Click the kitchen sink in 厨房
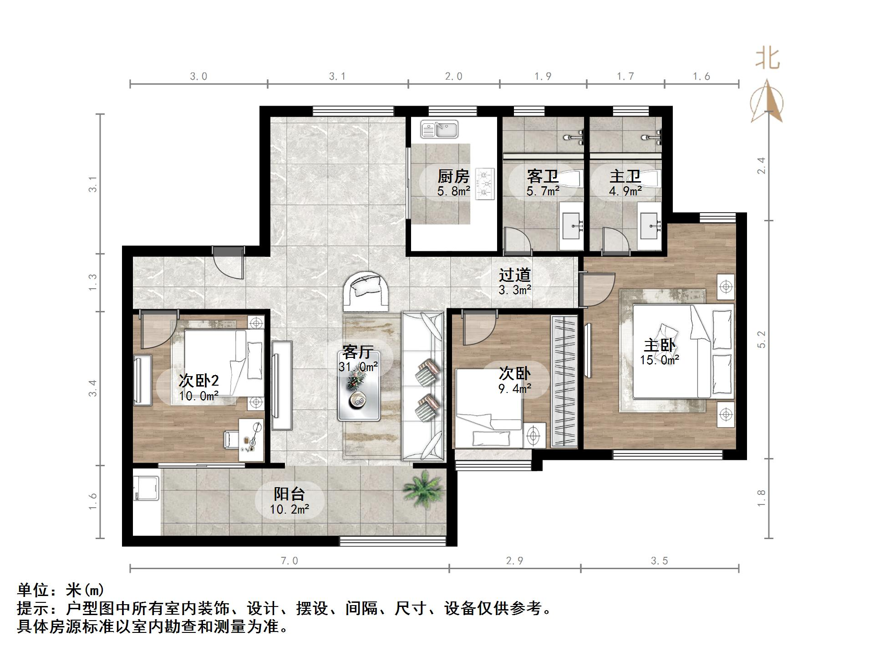click(439, 129)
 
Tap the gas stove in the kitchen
click(485, 184)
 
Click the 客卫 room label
click(543, 177)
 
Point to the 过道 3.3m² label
click(515, 282)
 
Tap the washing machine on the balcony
click(146, 489)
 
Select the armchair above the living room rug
click(366, 291)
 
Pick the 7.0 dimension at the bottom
click(289, 561)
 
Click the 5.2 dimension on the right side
click(762, 340)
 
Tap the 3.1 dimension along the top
click(337, 76)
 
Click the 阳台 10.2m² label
click(289, 501)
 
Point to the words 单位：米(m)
click(61, 590)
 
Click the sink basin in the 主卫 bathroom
click(649, 226)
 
